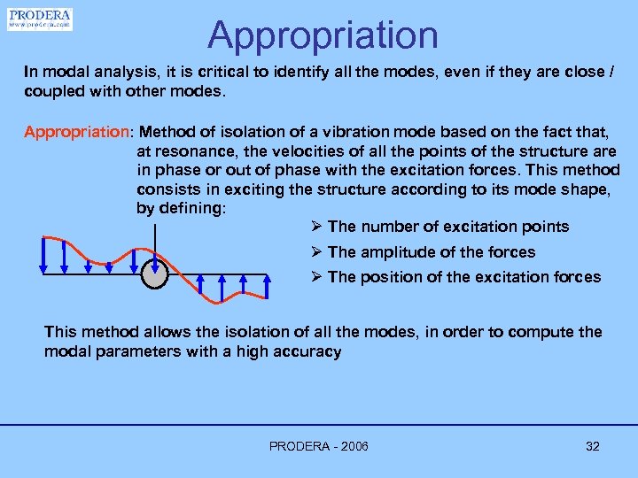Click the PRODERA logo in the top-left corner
39,19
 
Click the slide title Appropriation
323,35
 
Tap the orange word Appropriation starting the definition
76,132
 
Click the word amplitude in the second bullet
395,252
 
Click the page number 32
593,446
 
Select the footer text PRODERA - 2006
318,446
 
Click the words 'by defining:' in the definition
182,208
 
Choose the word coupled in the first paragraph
51,92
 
